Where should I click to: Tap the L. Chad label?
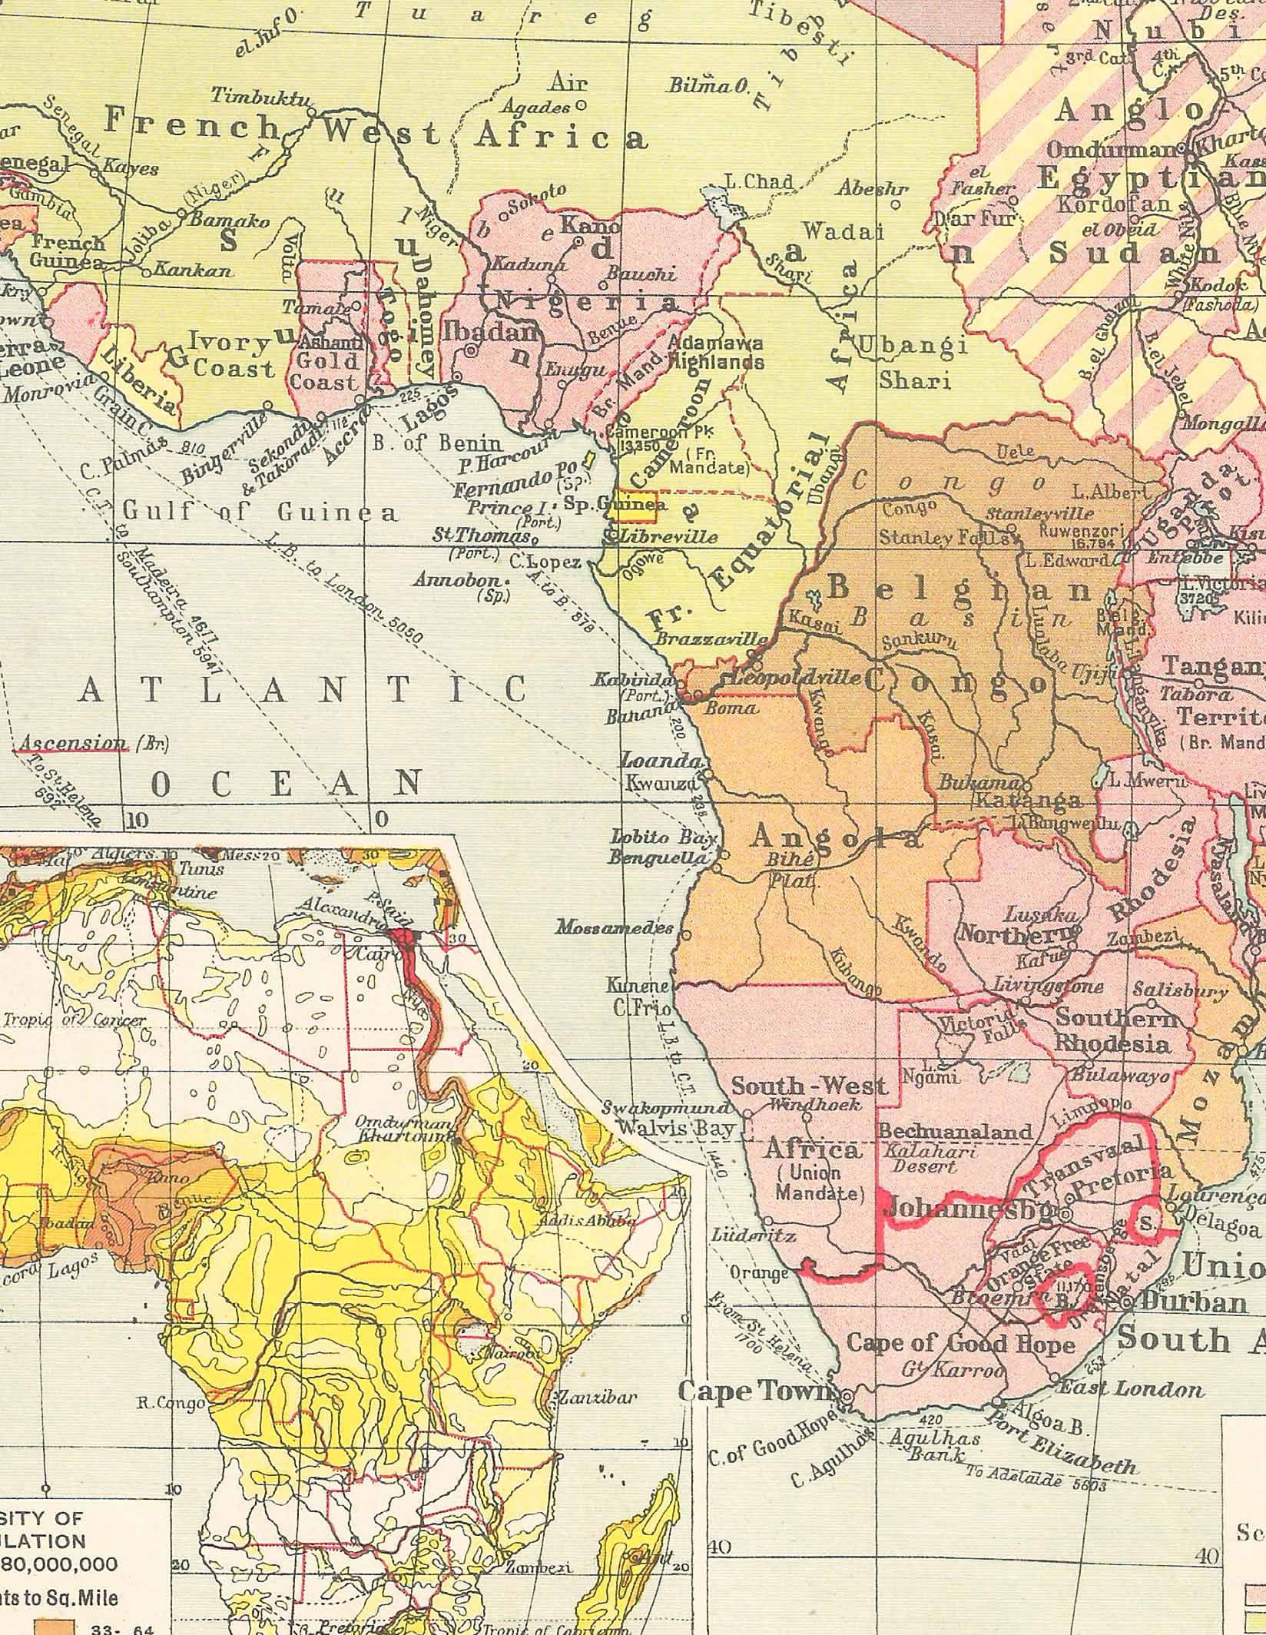759,182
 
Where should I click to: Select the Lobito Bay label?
663,837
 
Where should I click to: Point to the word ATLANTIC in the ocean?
303,689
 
